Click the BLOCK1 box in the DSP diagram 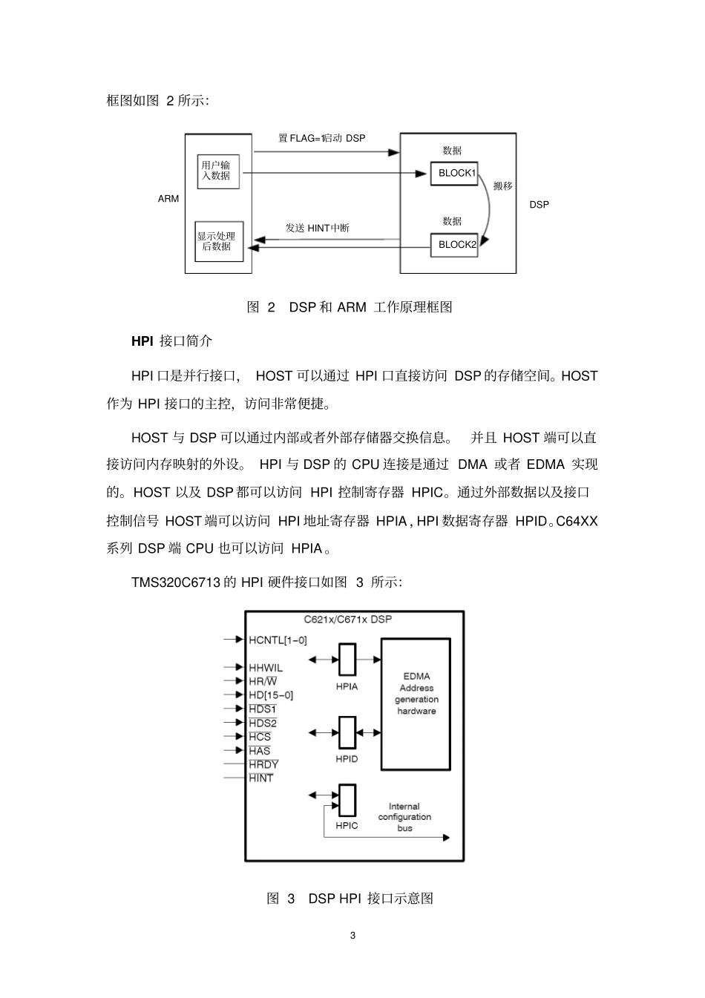[x=454, y=174]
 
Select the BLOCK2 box [x=454, y=245]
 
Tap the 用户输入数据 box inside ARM [x=218, y=171]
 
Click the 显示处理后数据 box [x=218, y=242]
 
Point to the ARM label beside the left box [x=168, y=199]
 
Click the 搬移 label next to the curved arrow [x=503, y=186]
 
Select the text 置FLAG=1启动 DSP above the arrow [x=322, y=139]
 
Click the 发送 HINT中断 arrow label [x=318, y=229]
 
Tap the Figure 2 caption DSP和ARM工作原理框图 [x=350, y=307]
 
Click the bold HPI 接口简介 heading [x=171, y=341]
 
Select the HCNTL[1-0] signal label [x=278, y=640]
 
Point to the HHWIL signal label [x=266, y=668]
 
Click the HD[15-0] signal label [x=271, y=695]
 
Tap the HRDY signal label [x=263, y=764]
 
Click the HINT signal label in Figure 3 [x=261, y=778]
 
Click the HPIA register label [x=347, y=687]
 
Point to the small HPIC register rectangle [x=347, y=801]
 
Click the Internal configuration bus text [x=404, y=817]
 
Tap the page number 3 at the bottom [x=352, y=936]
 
